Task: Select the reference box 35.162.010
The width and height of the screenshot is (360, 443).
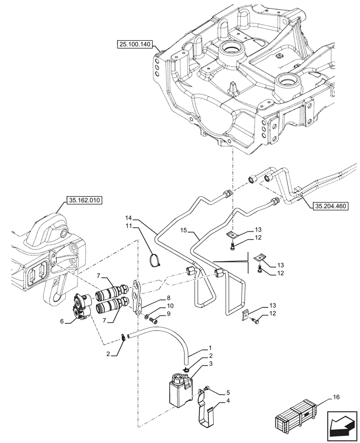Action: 84,200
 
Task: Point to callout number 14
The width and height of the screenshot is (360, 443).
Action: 129,218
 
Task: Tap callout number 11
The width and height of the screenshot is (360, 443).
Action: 129,226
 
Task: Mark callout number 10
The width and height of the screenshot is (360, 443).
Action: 157,306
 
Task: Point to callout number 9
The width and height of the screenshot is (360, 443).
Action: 157,314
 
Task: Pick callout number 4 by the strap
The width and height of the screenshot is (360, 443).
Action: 215,401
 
